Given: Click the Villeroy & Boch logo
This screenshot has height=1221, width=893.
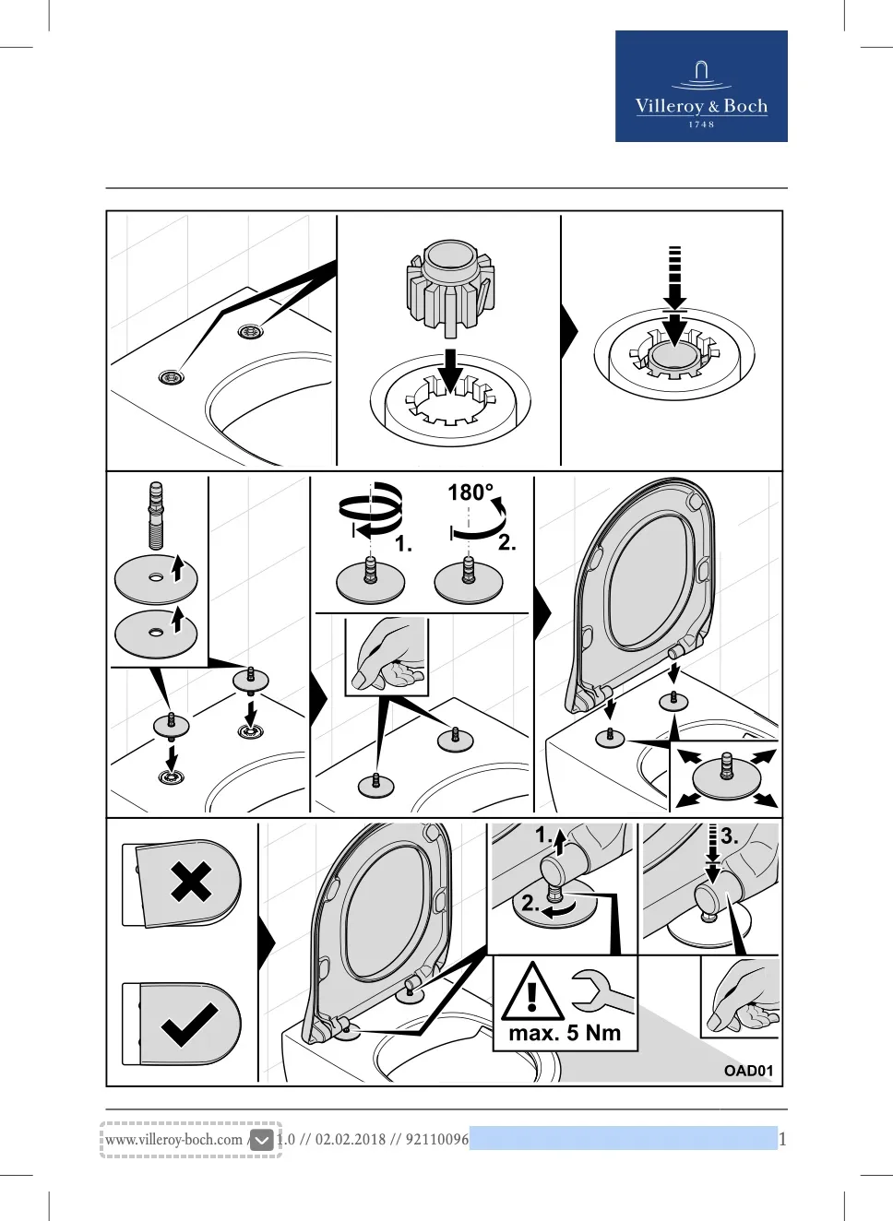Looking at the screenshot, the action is point(701,86).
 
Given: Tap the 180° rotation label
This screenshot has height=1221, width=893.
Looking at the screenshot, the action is point(470,492).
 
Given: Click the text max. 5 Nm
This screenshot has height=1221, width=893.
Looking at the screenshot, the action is point(565,1033).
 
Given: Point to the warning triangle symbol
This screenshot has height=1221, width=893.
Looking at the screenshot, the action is point(532,993).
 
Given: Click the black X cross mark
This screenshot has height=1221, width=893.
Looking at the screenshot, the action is point(191,882).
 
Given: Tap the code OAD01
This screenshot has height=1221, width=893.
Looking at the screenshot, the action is point(748,1071).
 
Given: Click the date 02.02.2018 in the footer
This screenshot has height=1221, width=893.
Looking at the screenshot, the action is point(350,1139).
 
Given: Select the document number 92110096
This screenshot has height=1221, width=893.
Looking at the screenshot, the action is point(436,1139).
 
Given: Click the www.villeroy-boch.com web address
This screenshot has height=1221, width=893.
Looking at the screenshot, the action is point(173,1139).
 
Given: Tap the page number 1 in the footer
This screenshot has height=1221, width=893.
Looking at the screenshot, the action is point(782,1139).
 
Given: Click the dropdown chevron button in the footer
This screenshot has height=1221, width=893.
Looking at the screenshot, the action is point(261,1140).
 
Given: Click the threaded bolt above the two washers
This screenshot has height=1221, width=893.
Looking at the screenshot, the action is point(156,515).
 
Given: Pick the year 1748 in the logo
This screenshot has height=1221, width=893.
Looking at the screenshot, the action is point(701,124).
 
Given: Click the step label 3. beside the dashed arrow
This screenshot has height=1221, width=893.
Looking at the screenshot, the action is point(730,836).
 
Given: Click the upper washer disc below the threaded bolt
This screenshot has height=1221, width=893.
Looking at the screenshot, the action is point(156,580).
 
